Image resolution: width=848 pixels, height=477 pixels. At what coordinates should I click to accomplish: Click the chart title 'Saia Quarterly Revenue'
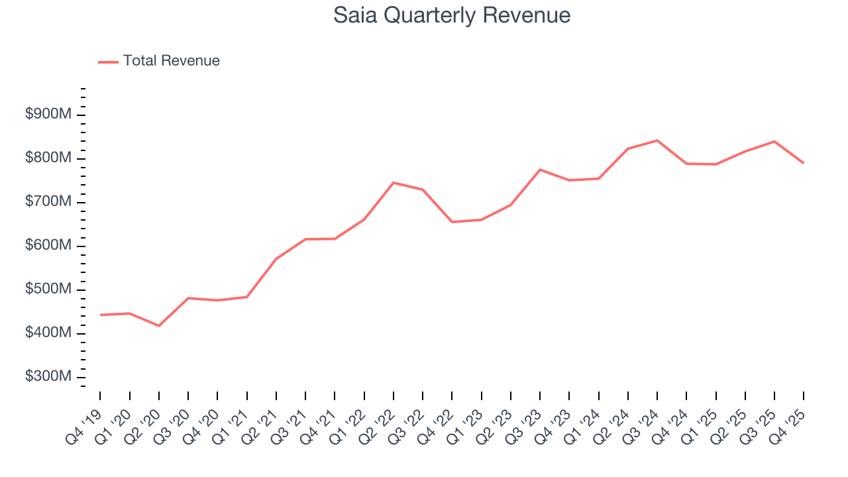click(x=452, y=15)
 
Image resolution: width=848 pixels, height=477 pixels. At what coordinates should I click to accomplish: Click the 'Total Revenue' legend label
click(x=171, y=61)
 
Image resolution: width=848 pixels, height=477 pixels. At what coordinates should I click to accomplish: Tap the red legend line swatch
click(x=108, y=62)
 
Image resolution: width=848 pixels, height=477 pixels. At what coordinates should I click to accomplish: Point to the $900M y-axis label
click(x=48, y=115)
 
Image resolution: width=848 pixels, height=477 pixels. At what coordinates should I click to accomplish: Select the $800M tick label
click(x=48, y=158)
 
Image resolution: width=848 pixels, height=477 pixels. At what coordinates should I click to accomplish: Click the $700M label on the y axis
click(x=48, y=202)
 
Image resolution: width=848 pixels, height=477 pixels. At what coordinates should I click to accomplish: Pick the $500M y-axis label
click(x=48, y=290)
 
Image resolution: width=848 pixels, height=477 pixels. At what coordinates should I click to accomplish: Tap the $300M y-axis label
click(x=48, y=376)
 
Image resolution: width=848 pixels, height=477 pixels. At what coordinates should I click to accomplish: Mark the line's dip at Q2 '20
click(x=159, y=325)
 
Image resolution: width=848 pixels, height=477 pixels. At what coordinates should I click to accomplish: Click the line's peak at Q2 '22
click(x=394, y=182)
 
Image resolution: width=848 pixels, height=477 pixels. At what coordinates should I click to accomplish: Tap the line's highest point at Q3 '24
click(x=657, y=140)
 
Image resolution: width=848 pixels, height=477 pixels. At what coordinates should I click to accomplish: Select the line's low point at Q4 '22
click(x=452, y=222)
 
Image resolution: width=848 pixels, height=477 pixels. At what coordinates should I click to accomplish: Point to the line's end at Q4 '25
click(x=803, y=163)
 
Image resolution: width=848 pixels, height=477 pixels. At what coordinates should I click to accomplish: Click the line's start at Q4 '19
click(x=101, y=315)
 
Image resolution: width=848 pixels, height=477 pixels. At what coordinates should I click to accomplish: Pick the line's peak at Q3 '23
click(x=540, y=170)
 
